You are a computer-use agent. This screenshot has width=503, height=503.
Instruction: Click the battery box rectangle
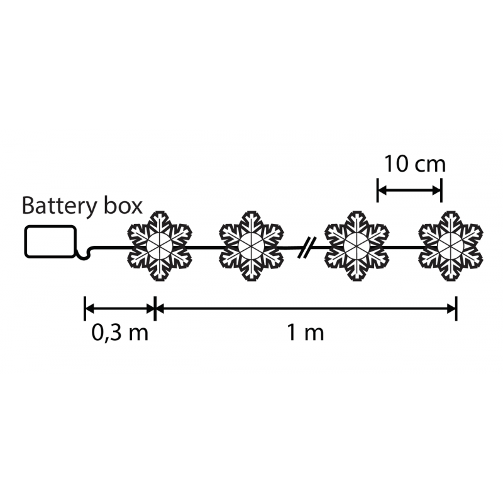coord(51,226)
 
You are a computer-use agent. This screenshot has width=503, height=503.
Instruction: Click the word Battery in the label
coord(59,207)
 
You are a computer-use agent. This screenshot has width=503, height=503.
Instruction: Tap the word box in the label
coord(123,206)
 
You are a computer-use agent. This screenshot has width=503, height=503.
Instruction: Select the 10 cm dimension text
coord(414,164)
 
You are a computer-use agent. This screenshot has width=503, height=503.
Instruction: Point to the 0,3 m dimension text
coord(119,333)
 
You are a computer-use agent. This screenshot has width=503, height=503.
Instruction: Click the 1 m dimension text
coord(305,333)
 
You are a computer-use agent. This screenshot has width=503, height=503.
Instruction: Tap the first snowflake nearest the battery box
coord(160,246)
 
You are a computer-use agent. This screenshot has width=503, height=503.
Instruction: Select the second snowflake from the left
coord(251,246)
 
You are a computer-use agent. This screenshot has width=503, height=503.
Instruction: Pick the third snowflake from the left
coord(357,246)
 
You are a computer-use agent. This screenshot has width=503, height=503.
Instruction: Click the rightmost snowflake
coord(451,246)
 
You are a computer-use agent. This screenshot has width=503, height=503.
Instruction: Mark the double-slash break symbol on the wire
coord(307,247)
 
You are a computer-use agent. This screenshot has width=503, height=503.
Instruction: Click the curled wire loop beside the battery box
coord(84,253)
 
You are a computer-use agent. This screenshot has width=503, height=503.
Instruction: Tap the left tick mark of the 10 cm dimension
coord(378,191)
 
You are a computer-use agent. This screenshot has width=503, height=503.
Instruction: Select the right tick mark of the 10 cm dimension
coord(441,191)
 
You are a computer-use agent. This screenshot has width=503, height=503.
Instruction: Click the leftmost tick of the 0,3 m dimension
coord(85,309)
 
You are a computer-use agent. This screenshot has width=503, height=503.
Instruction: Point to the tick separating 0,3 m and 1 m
coord(155,309)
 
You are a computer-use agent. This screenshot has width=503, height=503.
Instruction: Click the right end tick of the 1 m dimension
coord(456,309)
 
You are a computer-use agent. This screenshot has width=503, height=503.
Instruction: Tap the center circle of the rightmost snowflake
coord(451,246)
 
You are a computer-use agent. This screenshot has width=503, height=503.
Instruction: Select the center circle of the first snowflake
coord(160,246)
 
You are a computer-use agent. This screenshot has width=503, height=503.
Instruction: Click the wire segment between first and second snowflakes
coord(206,247)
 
